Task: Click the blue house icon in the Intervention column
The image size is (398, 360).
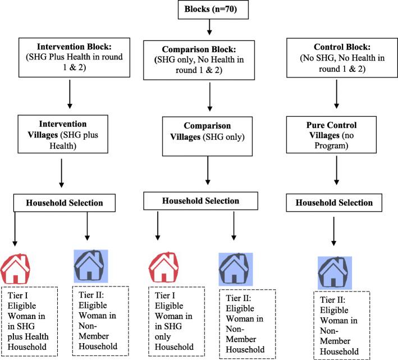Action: (92, 266)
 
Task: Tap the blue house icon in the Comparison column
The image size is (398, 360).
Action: (235, 269)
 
